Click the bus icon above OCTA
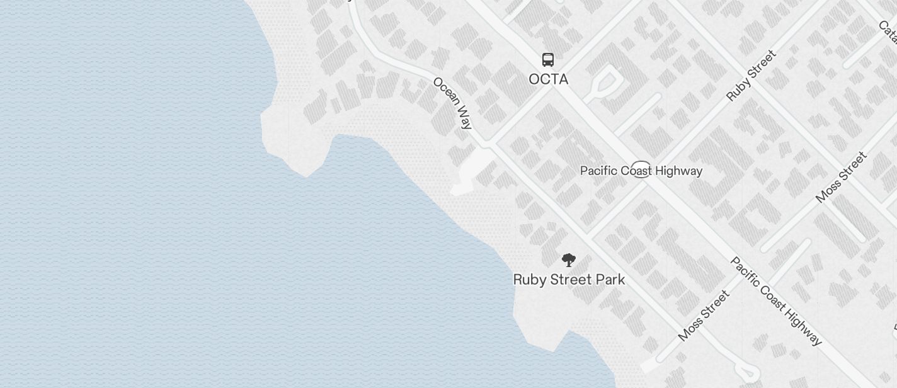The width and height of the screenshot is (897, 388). point(548,60)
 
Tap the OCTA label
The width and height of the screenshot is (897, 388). point(548,79)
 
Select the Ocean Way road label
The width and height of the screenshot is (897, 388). point(452,103)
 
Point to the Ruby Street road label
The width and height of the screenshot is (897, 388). point(751,76)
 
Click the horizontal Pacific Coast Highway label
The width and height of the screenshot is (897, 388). point(641,171)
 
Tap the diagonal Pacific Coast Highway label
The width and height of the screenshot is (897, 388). point(776,301)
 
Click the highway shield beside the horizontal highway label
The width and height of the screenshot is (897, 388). point(641,170)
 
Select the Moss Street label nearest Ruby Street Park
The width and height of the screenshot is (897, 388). point(704,316)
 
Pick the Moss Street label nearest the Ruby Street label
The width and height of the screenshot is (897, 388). point(841,177)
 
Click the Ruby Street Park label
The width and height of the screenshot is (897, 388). point(569,280)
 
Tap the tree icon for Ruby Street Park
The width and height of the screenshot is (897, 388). point(568,260)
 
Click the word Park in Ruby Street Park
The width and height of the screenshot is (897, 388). point(610,280)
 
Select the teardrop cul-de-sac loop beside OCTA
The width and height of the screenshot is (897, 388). point(603,84)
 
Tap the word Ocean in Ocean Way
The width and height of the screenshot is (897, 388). point(446,94)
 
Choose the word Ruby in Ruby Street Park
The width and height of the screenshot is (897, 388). point(527,280)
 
